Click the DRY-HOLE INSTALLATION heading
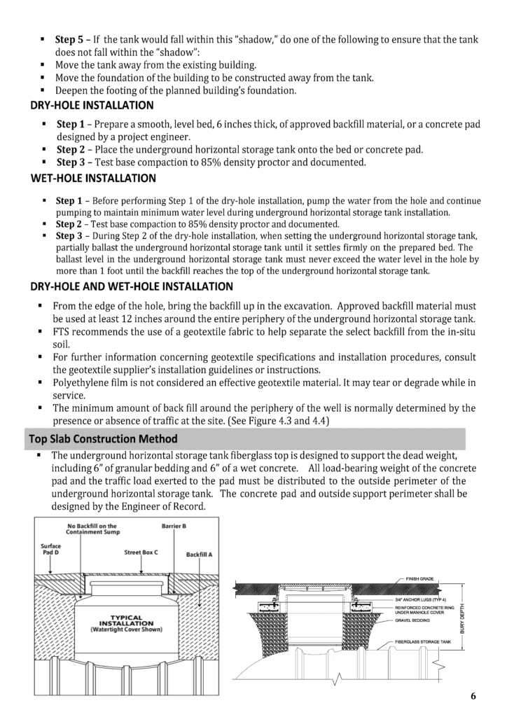[92, 106]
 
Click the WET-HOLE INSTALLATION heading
[93, 179]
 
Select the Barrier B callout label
[174, 525]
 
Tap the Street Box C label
[141, 552]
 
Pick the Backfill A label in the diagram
[200, 554]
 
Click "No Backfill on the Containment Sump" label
[92, 529]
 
